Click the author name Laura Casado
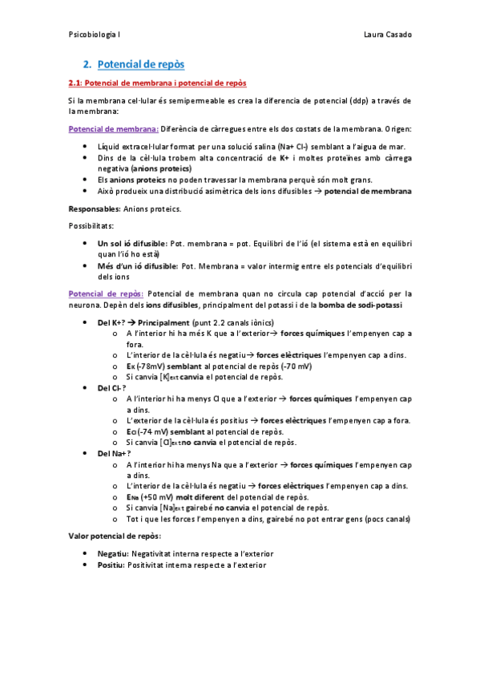pyautogui.click(x=387, y=35)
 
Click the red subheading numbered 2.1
pyautogui.click(x=158, y=83)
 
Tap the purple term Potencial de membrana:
pyautogui.click(x=114, y=128)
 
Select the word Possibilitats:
pyautogui.click(x=91, y=226)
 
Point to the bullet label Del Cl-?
pyautogui.click(x=111, y=387)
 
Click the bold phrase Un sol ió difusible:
pyautogui.click(x=132, y=243)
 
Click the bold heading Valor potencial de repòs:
pyautogui.click(x=115, y=536)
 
